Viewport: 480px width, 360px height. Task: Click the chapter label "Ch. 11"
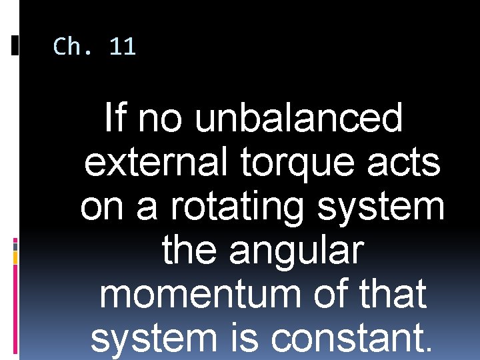point(94,47)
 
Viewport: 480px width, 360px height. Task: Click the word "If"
point(115,119)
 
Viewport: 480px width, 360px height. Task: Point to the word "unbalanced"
point(299,119)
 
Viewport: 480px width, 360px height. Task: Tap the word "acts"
point(407,163)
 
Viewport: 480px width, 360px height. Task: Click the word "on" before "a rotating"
point(104,207)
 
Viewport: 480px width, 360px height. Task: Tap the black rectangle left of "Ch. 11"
point(15,45)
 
